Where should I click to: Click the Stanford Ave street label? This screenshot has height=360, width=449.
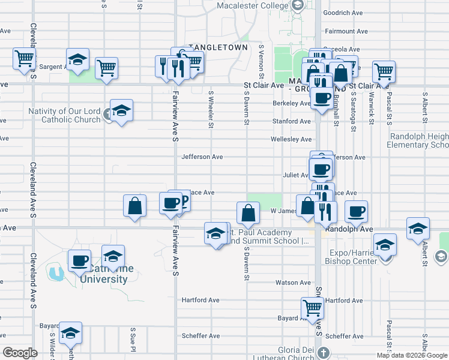click(x=292, y=121)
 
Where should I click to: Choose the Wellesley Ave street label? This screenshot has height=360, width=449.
click(x=291, y=139)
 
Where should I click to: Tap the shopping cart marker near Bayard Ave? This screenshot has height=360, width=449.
click(x=312, y=308)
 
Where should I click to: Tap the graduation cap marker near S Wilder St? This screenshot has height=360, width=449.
click(x=70, y=333)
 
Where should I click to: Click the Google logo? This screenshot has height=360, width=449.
click(x=20, y=353)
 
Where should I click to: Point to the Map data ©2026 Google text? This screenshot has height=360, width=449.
click(x=412, y=355)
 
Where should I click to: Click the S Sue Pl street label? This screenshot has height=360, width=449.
click(x=133, y=337)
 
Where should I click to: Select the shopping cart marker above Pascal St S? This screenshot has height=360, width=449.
click(x=384, y=71)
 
